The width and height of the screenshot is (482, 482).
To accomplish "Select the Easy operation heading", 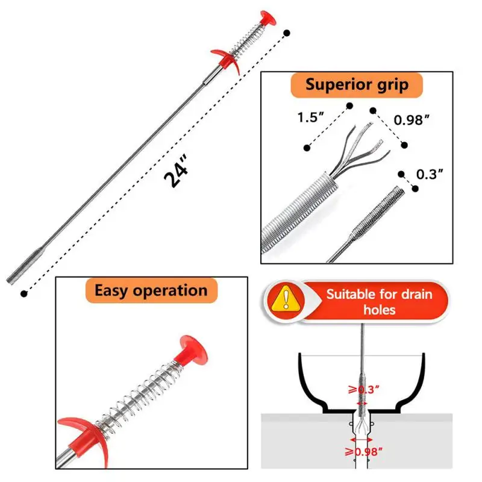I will [x=151, y=290].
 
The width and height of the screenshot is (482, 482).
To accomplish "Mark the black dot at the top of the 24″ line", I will [x=287, y=33].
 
